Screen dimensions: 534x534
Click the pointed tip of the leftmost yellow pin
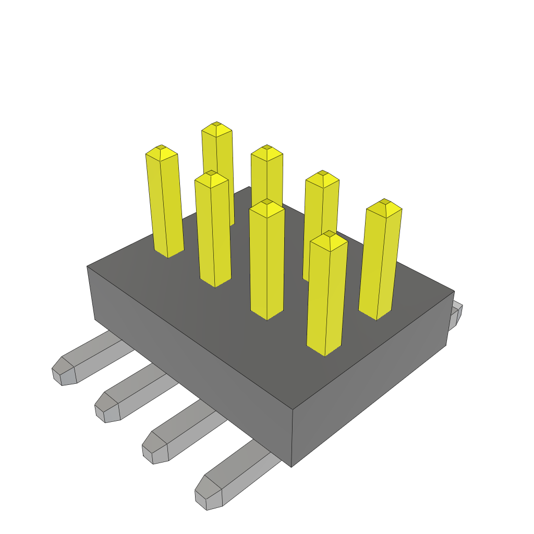click(x=161, y=152)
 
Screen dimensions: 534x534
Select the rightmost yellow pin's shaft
click(x=381, y=261)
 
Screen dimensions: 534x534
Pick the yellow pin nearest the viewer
click(x=326, y=297)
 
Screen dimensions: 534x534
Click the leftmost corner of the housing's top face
click(x=87, y=266)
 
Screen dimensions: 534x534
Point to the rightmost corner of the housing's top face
click(x=454, y=292)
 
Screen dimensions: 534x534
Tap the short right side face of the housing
click(x=370, y=381)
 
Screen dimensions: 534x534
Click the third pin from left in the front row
click(x=267, y=261)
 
